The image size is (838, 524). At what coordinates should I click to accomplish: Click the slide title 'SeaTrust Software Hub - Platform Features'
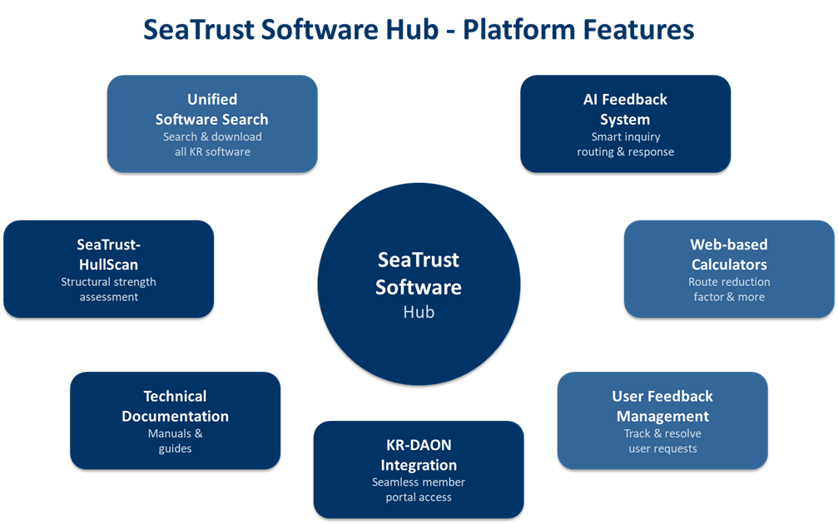pyautogui.click(x=419, y=30)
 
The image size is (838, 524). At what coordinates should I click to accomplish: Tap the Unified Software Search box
pyautogui.click(x=212, y=124)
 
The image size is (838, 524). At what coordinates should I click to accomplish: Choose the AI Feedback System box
pyautogui.click(x=625, y=124)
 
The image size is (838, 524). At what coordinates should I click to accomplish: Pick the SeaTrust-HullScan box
pyautogui.click(x=108, y=268)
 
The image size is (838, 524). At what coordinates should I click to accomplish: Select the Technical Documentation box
pyautogui.click(x=175, y=419)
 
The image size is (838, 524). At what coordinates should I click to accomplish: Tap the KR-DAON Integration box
pyautogui.click(x=419, y=469)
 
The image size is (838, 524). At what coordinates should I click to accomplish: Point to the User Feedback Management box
pyautogui.click(x=662, y=419)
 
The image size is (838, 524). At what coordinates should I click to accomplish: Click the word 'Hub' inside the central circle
pyautogui.click(x=419, y=313)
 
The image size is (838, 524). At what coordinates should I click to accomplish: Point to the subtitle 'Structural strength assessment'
pyautogui.click(x=108, y=289)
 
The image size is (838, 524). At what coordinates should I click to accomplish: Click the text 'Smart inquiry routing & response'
pyautogui.click(x=625, y=145)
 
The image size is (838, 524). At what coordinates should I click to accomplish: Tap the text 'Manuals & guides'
pyautogui.click(x=175, y=441)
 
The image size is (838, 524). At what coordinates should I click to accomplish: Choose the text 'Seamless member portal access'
pyautogui.click(x=419, y=490)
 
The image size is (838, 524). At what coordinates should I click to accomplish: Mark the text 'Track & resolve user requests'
pyautogui.click(x=662, y=441)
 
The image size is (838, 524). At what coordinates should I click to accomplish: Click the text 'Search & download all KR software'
pyautogui.click(x=212, y=145)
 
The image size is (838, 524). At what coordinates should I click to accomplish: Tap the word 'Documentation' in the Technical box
pyautogui.click(x=175, y=416)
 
